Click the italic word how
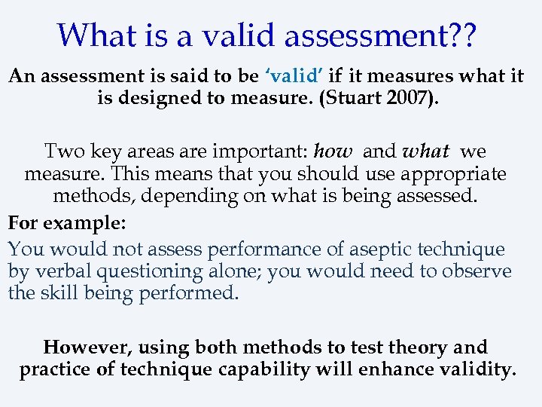pos(333,151)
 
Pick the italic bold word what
pos(427,151)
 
